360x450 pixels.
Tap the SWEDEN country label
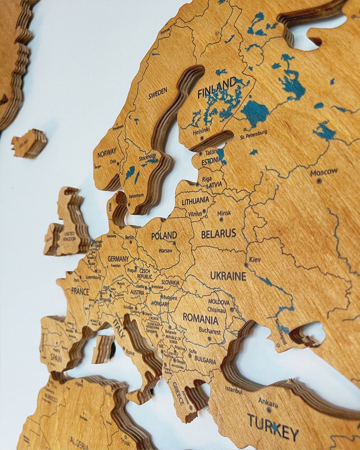pyautogui.click(x=157, y=93)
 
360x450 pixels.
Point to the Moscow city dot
pyautogui.click(x=319, y=180)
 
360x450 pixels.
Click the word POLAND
pyautogui.click(x=164, y=236)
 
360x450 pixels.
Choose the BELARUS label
pyautogui.click(x=219, y=234)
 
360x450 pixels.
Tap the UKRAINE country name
pyautogui.click(x=228, y=276)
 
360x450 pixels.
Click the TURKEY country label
pyautogui.click(x=273, y=426)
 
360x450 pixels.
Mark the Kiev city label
pyautogui.click(x=255, y=259)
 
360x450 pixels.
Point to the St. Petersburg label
pyautogui.click(x=254, y=135)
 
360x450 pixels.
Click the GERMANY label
pyautogui.click(x=118, y=259)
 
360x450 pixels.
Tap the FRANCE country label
pyautogui.click(x=80, y=290)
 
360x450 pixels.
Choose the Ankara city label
pyautogui.click(x=268, y=402)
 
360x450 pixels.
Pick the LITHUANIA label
pyautogui.click(x=195, y=200)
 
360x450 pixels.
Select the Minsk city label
pyautogui.click(x=224, y=213)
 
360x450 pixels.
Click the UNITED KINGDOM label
pyautogui.click(x=69, y=236)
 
